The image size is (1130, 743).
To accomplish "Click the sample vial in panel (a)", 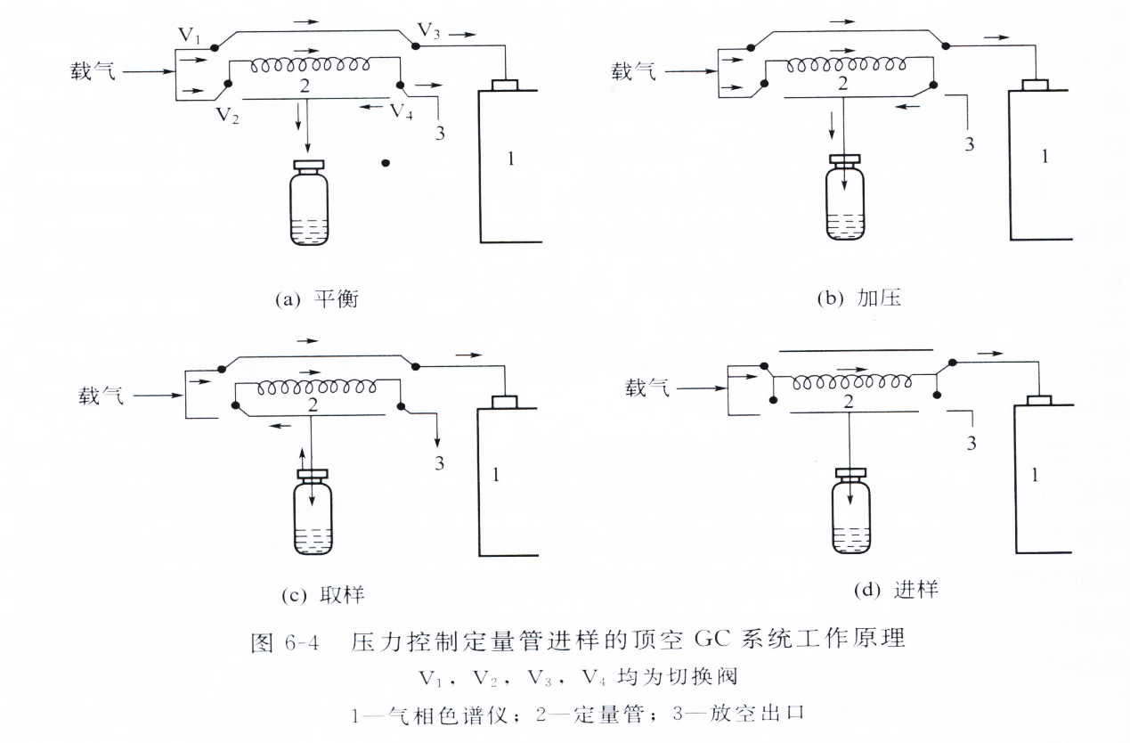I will (x=310, y=204).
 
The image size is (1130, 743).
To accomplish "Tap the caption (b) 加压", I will (x=860, y=298).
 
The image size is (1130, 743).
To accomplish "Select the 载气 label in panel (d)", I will (x=647, y=388).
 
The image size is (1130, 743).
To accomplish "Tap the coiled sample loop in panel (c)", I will (x=313, y=388).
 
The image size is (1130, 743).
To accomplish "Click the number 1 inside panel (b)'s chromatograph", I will (x=1045, y=156).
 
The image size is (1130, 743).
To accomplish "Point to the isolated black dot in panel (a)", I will (x=386, y=164).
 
